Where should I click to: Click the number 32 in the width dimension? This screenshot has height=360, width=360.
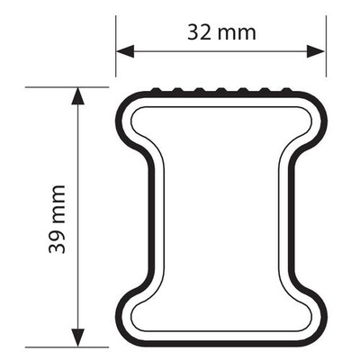pyautogui.click(x=199, y=32)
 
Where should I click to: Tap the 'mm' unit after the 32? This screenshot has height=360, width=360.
pyautogui.click(x=237, y=34)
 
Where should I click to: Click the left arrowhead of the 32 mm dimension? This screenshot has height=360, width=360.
pyautogui.click(x=125, y=51)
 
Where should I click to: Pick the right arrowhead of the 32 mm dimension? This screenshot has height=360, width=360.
pyautogui.click(x=316, y=51)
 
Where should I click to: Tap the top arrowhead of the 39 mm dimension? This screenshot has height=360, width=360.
pyautogui.click(x=78, y=96)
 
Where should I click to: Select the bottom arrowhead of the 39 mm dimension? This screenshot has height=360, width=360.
pyautogui.click(x=78, y=337)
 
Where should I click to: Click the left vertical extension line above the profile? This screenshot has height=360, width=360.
pyautogui.click(x=116, y=46)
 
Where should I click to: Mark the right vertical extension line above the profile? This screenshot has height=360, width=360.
pyautogui.click(x=326, y=46)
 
